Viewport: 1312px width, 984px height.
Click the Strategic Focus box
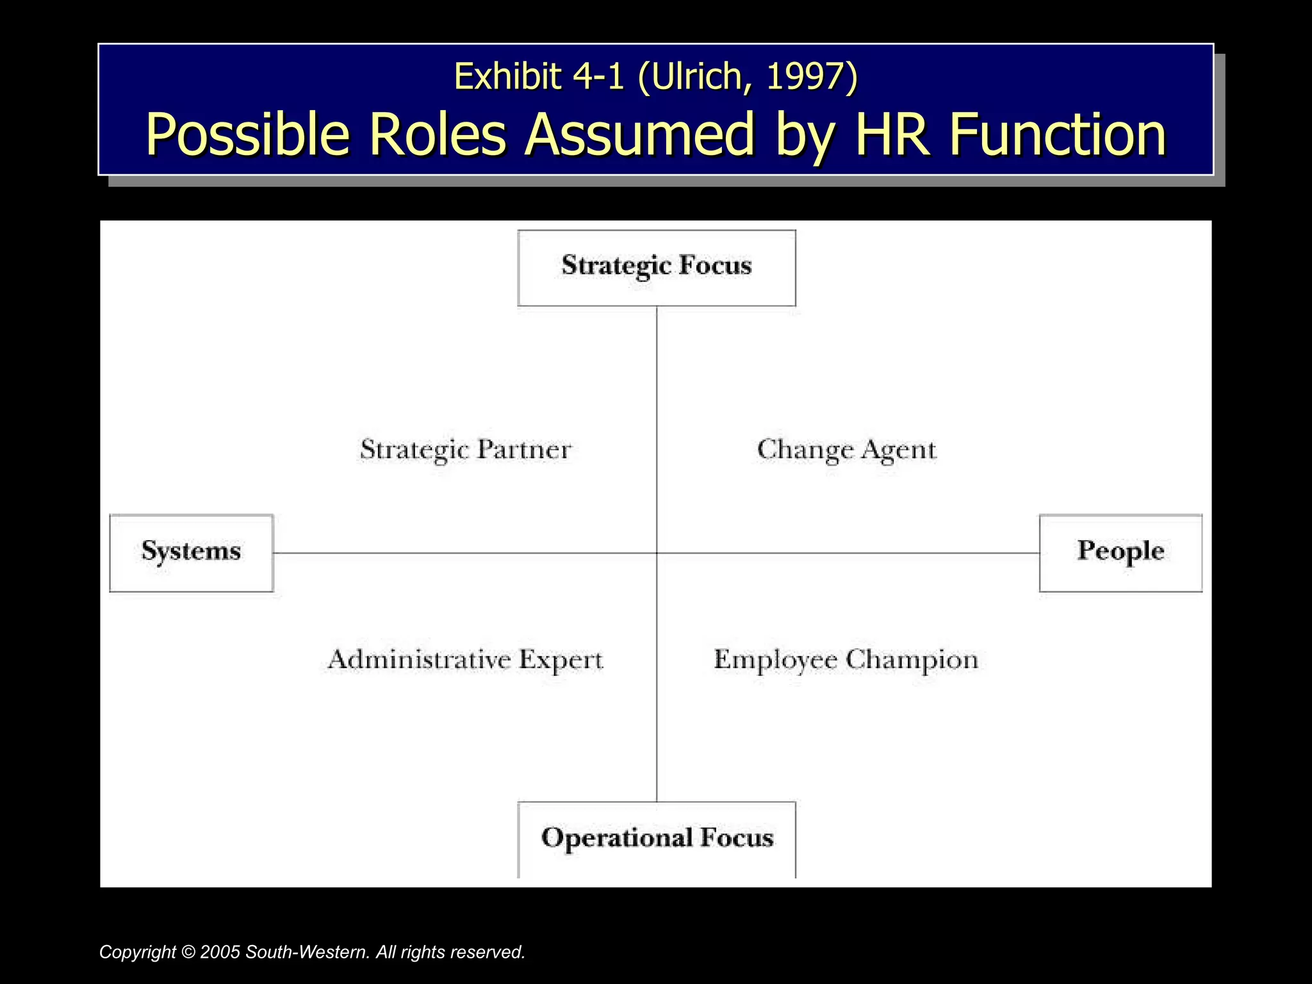pos(657,267)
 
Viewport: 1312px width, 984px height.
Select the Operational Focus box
pos(657,839)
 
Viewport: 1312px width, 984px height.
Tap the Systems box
pos(191,552)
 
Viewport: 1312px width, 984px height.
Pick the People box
pos(1120,552)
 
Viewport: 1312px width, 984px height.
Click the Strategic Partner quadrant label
pos(465,450)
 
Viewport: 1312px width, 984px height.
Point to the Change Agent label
pos(846,450)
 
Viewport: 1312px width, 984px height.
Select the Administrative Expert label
pos(465,660)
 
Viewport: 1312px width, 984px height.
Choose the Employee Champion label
pos(846,660)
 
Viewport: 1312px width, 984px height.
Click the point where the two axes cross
pos(657,552)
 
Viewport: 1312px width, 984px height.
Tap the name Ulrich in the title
pos(697,77)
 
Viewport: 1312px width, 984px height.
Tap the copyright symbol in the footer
pos(188,953)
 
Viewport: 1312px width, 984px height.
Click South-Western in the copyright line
pos(307,953)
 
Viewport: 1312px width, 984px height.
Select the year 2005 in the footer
pos(220,953)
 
